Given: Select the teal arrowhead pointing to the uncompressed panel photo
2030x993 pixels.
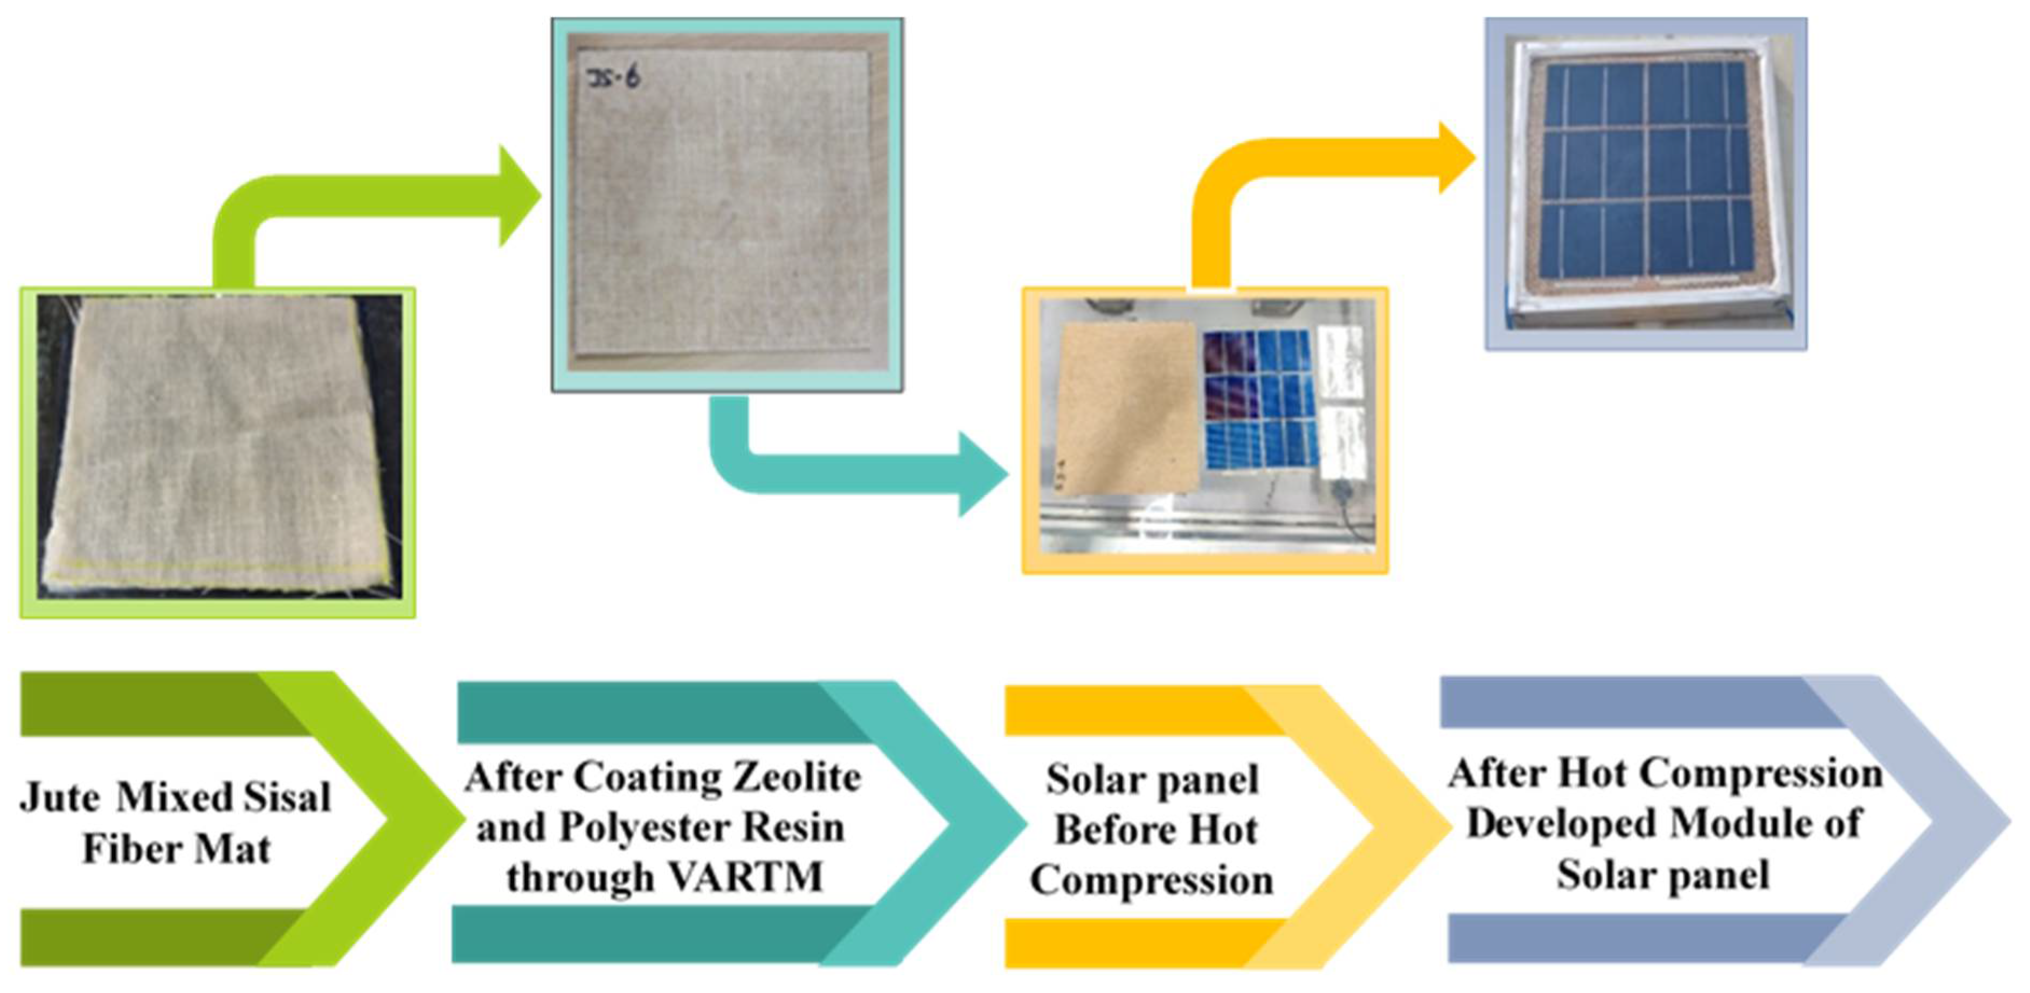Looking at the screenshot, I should pos(981,474).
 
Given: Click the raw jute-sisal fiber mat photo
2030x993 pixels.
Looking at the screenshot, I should pos(217,448).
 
